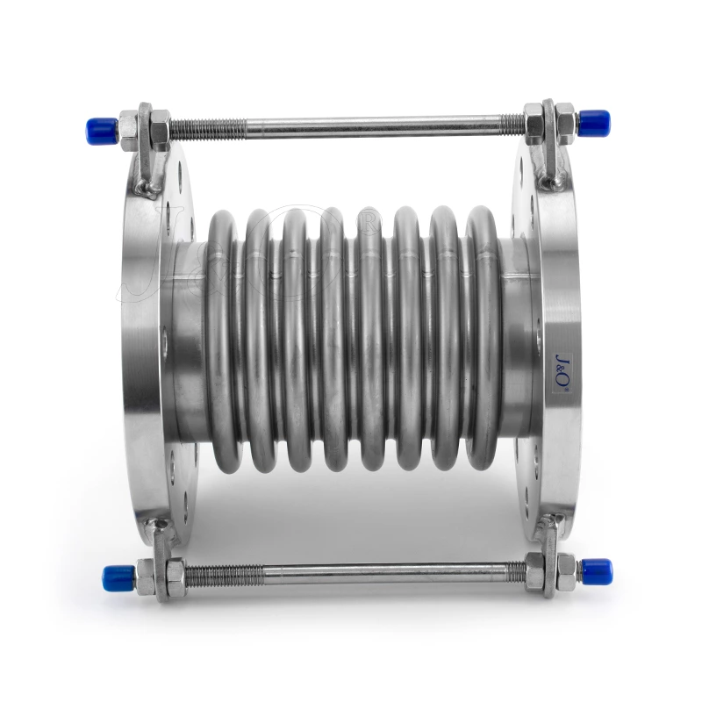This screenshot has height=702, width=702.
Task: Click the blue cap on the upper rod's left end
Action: (101, 130)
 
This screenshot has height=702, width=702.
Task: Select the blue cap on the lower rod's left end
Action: (118, 577)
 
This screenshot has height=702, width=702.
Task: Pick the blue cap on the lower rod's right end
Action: (597, 571)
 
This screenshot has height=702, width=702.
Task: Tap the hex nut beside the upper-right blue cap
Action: (565, 121)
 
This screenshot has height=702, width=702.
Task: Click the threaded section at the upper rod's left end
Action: (206, 128)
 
